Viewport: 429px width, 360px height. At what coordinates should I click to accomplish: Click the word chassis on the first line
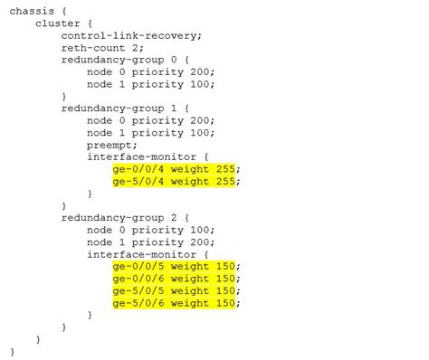pyautogui.click(x=31, y=11)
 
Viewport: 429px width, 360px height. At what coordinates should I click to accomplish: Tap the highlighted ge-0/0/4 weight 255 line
pyautogui.click(x=176, y=169)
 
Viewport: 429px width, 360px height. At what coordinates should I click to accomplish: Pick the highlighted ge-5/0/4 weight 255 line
pyautogui.click(x=176, y=181)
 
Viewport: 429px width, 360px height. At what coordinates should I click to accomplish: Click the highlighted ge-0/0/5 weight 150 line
pyautogui.click(x=176, y=267)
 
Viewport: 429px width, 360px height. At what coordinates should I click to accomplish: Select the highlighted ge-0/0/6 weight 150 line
pyautogui.click(x=176, y=279)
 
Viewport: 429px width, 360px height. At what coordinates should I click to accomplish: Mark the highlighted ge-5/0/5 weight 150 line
pyautogui.click(x=176, y=290)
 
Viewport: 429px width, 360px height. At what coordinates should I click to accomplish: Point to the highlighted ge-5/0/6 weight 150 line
pyautogui.click(x=176, y=303)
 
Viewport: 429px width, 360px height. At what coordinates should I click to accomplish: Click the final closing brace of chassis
pyautogui.click(x=13, y=351)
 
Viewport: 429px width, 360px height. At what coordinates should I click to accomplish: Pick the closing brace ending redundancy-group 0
pyautogui.click(x=64, y=96)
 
